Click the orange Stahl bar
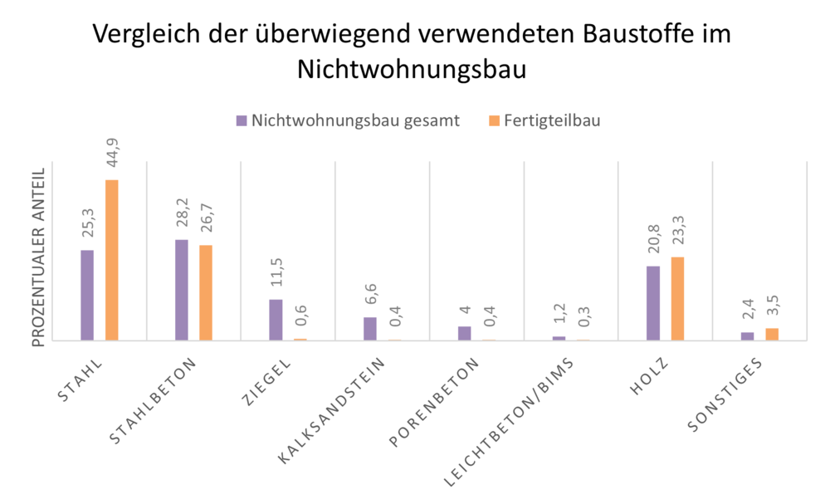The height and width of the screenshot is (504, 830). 111,260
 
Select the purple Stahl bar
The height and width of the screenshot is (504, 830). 87,295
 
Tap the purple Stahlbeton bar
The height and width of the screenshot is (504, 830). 182,290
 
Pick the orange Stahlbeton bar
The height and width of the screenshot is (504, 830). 206,292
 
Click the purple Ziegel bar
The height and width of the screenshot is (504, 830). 276,320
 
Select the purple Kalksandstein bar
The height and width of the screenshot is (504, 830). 370,329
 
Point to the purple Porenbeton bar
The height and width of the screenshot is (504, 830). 465,333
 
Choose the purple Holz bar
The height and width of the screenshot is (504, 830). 653,303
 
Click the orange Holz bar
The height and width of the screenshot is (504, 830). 677,299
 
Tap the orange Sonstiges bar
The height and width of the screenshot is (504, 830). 772,334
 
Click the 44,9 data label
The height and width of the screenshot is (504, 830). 112,155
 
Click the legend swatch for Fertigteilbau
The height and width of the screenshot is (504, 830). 494,120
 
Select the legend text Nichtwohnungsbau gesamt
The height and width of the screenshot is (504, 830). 355,120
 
